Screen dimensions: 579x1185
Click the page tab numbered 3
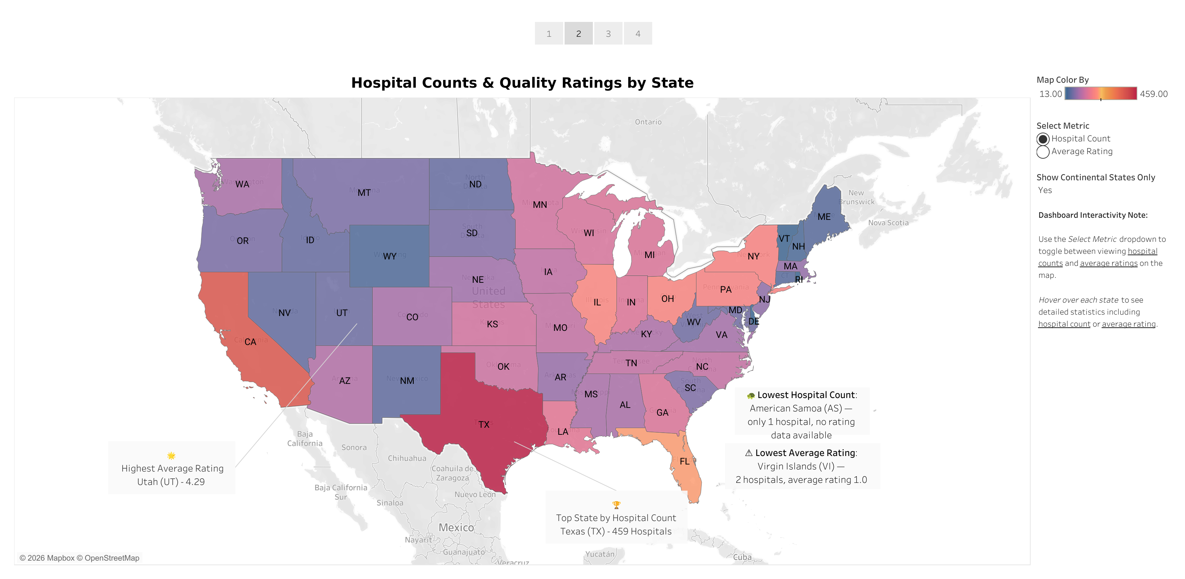coord(608,34)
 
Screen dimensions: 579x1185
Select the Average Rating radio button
coord(1043,152)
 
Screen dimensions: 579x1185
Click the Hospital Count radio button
coord(1043,139)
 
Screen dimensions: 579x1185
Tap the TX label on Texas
coord(484,425)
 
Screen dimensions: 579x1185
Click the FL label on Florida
coord(684,462)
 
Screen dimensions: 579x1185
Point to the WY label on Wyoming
coord(390,256)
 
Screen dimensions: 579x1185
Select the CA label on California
coord(250,342)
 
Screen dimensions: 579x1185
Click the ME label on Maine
coord(824,217)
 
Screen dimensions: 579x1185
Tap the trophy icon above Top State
coord(616,505)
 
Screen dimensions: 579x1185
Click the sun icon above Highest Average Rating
coord(171,456)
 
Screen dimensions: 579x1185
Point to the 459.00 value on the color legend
coord(1153,94)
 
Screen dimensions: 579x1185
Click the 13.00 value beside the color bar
coord(1050,94)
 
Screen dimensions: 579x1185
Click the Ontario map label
coord(648,122)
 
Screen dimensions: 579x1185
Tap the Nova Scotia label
coord(888,223)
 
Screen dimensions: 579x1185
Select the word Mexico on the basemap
coord(456,527)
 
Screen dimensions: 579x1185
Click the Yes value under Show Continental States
coord(1045,191)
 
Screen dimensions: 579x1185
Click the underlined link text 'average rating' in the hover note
coord(1128,324)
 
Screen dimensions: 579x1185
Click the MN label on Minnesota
coord(540,205)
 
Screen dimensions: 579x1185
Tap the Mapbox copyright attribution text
coord(79,558)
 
